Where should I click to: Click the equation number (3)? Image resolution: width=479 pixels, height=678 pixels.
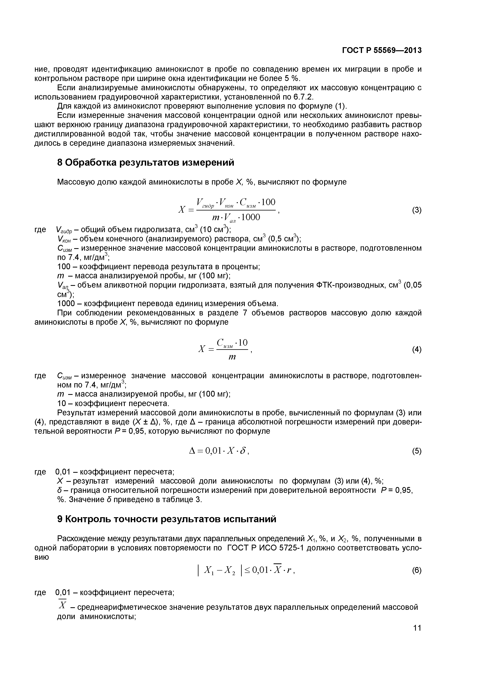pyautogui.click(x=416, y=210)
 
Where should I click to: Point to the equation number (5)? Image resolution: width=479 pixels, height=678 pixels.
pyautogui.click(x=416, y=451)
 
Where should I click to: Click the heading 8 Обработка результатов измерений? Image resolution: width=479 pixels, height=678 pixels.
pyautogui.click(x=146, y=162)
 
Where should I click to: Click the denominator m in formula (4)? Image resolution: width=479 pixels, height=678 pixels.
pyautogui.click(x=232, y=357)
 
